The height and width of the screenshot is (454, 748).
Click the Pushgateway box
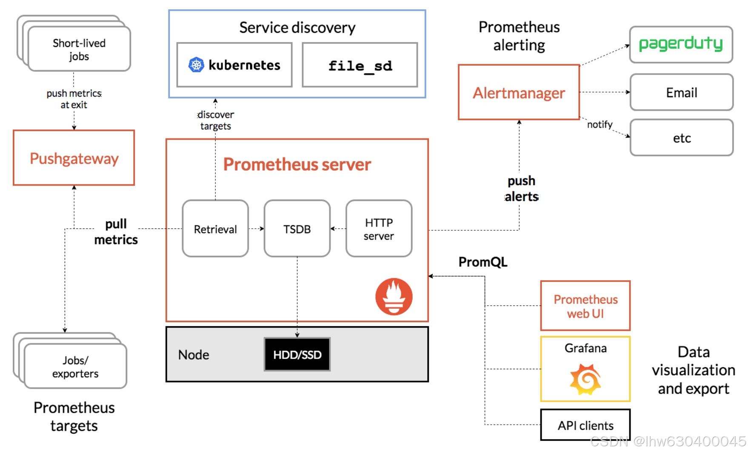[x=74, y=158]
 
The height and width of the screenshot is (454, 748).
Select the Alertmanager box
[x=519, y=92]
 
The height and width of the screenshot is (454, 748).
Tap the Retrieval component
[x=215, y=229]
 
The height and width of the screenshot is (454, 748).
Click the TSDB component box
[x=297, y=229]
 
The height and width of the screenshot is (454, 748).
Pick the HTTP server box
[x=379, y=229]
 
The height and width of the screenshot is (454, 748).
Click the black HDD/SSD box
[x=297, y=354]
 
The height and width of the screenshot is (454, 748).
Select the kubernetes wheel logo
[x=196, y=65]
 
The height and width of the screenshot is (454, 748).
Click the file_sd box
[x=360, y=65]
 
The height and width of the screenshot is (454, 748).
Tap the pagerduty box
[x=681, y=44]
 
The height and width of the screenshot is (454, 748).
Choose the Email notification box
[x=681, y=92]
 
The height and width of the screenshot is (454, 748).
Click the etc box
[x=681, y=138]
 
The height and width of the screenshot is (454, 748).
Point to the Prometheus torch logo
[x=394, y=297]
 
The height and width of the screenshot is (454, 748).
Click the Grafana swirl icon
[x=585, y=379]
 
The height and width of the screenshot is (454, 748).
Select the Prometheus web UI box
[x=585, y=305]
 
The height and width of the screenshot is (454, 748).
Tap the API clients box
[x=585, y=425]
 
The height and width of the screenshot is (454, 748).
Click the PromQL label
[x=483, y=262]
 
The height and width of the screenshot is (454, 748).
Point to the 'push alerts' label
[x=522, y=188]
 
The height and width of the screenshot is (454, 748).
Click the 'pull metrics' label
[x=116, y=232]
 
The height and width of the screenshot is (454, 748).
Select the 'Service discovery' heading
[x=297, y=28]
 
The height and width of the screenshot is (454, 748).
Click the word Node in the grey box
[x=194, y=355]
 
